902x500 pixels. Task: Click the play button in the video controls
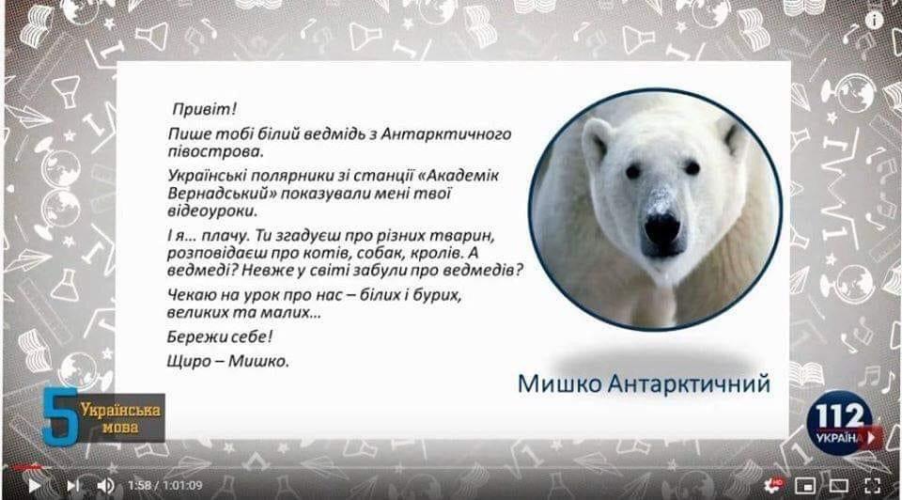click(x=35, y=485)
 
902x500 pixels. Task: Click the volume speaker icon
click(x=105, y=485)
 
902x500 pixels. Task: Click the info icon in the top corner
click(x=875, y=19)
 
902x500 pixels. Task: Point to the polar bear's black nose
click(x=661, y=227)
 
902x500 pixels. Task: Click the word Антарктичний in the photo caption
click(x=689, y=383)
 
